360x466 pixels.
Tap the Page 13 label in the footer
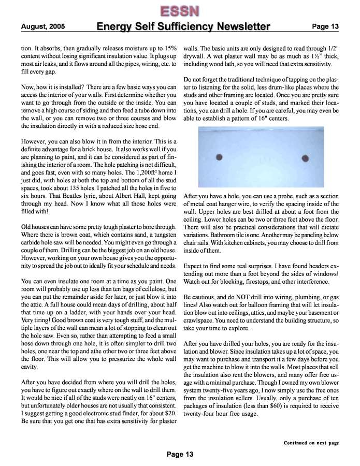click(180, 454)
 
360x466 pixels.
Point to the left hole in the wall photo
click(219, 157)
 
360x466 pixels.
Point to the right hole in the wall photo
click(306, 158)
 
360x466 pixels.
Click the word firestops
click(249, 282)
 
